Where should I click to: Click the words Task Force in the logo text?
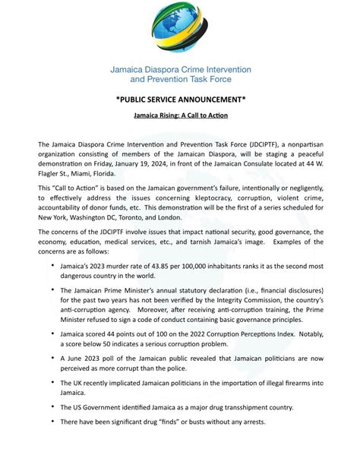coord(210,78)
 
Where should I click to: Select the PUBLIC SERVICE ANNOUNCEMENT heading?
coord(180,99)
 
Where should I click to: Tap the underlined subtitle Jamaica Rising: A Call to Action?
coord(180,116)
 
